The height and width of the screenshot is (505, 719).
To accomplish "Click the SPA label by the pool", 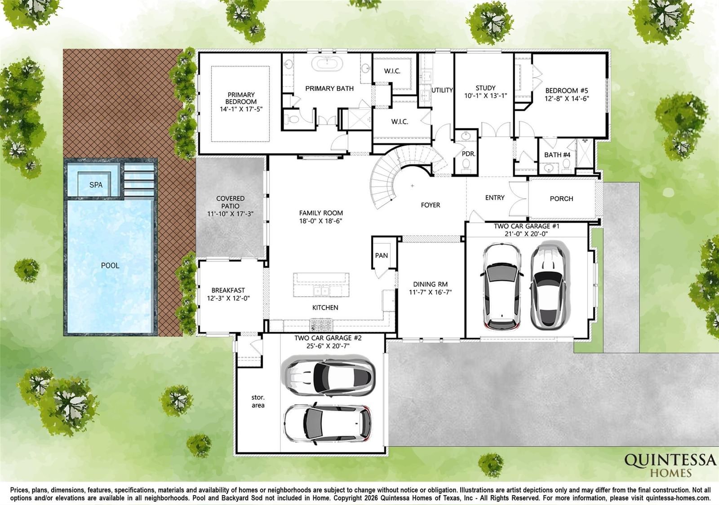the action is click(96, 184).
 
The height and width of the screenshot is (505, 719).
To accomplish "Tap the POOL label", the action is click(110, 265).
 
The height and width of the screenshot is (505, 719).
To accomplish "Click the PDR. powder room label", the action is click(468, 154).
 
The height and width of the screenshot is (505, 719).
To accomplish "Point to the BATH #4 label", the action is click(557, 155).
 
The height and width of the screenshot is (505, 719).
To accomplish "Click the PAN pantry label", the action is click(382, 255).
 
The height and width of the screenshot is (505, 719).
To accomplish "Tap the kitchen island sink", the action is click(321, 291).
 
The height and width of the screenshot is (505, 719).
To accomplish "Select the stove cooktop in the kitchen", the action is click(321, 325).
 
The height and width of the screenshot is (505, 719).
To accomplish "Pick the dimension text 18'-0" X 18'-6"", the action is click(321, 221).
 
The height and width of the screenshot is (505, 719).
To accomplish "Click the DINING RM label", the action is click(430, 284).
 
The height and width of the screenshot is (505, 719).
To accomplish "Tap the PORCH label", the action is click(561, 198).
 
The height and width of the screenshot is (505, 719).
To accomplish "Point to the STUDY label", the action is click(485, 88).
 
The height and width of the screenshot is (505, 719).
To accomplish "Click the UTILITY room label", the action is click(442, 90).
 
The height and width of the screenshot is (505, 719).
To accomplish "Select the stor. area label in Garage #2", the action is click(258, 401).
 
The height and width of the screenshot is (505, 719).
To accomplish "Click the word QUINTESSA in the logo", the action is click(670, 461).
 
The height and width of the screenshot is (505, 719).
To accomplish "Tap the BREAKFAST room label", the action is click(228, 290).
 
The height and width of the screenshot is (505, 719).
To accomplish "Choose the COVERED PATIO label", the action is click(230, 202).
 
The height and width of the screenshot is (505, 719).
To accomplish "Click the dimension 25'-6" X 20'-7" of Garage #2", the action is click(328, 346).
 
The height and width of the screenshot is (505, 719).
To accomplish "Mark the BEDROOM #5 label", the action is click(567, 91).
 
